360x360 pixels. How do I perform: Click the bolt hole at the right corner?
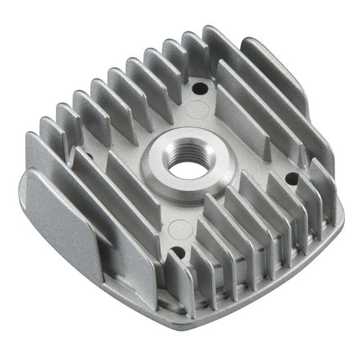point(292,179)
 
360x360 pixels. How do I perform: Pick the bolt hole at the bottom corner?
point(180,252)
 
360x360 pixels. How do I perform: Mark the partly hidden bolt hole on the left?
point(89,157)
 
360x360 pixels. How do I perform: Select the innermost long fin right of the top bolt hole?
point(243,108)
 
